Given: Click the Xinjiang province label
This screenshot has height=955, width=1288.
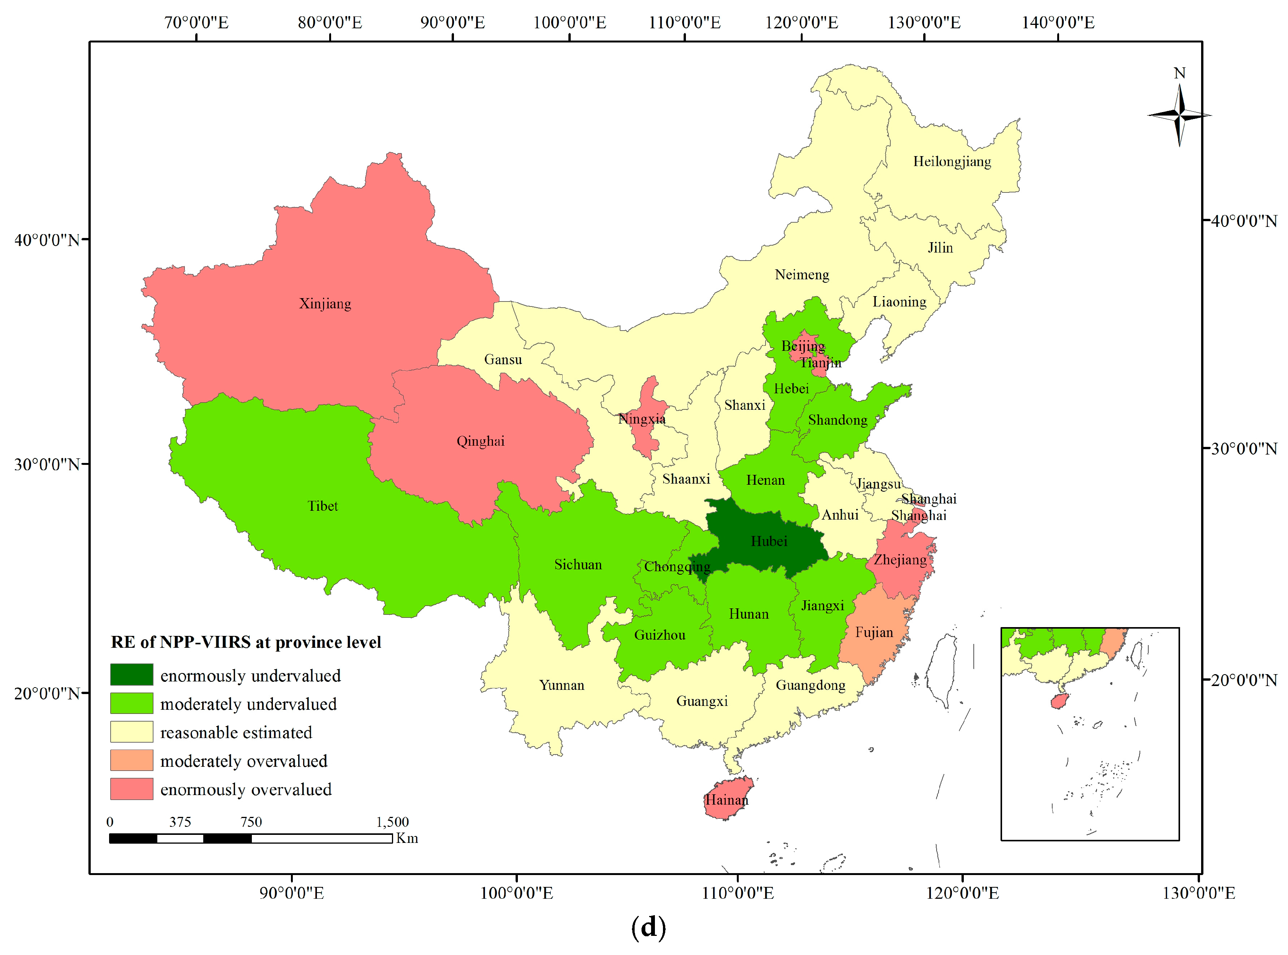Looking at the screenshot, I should (325, 303).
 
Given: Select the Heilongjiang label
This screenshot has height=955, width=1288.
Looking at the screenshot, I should (952, 161).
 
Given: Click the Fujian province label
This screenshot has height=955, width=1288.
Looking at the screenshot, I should (874, 632).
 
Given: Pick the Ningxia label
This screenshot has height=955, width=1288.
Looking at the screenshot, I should (642, 419).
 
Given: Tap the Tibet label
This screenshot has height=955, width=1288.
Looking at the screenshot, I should (322, 506).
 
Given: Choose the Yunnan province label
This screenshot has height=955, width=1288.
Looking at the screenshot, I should (562, 685).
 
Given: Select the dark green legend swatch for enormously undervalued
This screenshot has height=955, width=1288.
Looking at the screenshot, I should (132, 675).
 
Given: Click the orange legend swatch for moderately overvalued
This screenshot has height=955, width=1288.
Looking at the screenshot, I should (132, 760).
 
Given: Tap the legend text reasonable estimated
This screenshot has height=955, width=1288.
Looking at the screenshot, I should (236, 732).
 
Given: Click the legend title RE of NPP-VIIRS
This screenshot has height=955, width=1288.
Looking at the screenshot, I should (246, 642).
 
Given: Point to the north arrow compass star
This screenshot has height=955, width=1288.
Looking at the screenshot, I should (1179, 115).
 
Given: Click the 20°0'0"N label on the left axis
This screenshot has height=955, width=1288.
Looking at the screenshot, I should (47, 693).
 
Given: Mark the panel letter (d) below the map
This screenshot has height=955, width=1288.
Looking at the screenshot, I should (648, 927).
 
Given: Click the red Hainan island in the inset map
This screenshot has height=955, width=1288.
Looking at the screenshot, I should (1058, 701).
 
